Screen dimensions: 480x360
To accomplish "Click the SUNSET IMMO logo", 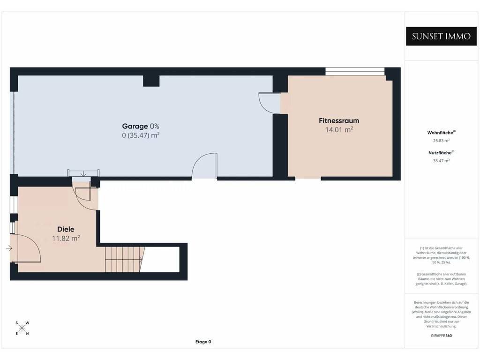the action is pos(441,36).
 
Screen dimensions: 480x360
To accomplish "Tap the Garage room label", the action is pos(135,126).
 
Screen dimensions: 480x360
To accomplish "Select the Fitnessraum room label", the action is pos(339,120).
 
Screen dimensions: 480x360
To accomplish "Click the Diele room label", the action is pos(66,229).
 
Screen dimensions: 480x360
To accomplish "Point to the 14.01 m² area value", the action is pos(339,129).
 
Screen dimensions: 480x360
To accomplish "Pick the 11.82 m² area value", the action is pos(66,238).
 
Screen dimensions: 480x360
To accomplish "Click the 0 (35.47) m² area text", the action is pos(141,135).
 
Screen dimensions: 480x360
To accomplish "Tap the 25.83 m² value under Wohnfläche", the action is pos(441,141).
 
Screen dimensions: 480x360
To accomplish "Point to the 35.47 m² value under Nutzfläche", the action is pos(441,161).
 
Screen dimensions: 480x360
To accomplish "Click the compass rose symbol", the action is pos(22,329).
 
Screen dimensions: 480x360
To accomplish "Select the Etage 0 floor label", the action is pos(203,342).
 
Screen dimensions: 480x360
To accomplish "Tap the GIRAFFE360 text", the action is pos(441,336).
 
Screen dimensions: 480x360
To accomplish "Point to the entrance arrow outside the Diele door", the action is pos(9,248).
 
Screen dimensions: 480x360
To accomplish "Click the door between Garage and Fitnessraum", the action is pos(270,103).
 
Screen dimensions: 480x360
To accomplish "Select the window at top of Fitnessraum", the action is pos(355,71).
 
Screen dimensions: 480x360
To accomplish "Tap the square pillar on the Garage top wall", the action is pos(151,81).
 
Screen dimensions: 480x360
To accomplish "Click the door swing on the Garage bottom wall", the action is pos(204,165).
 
